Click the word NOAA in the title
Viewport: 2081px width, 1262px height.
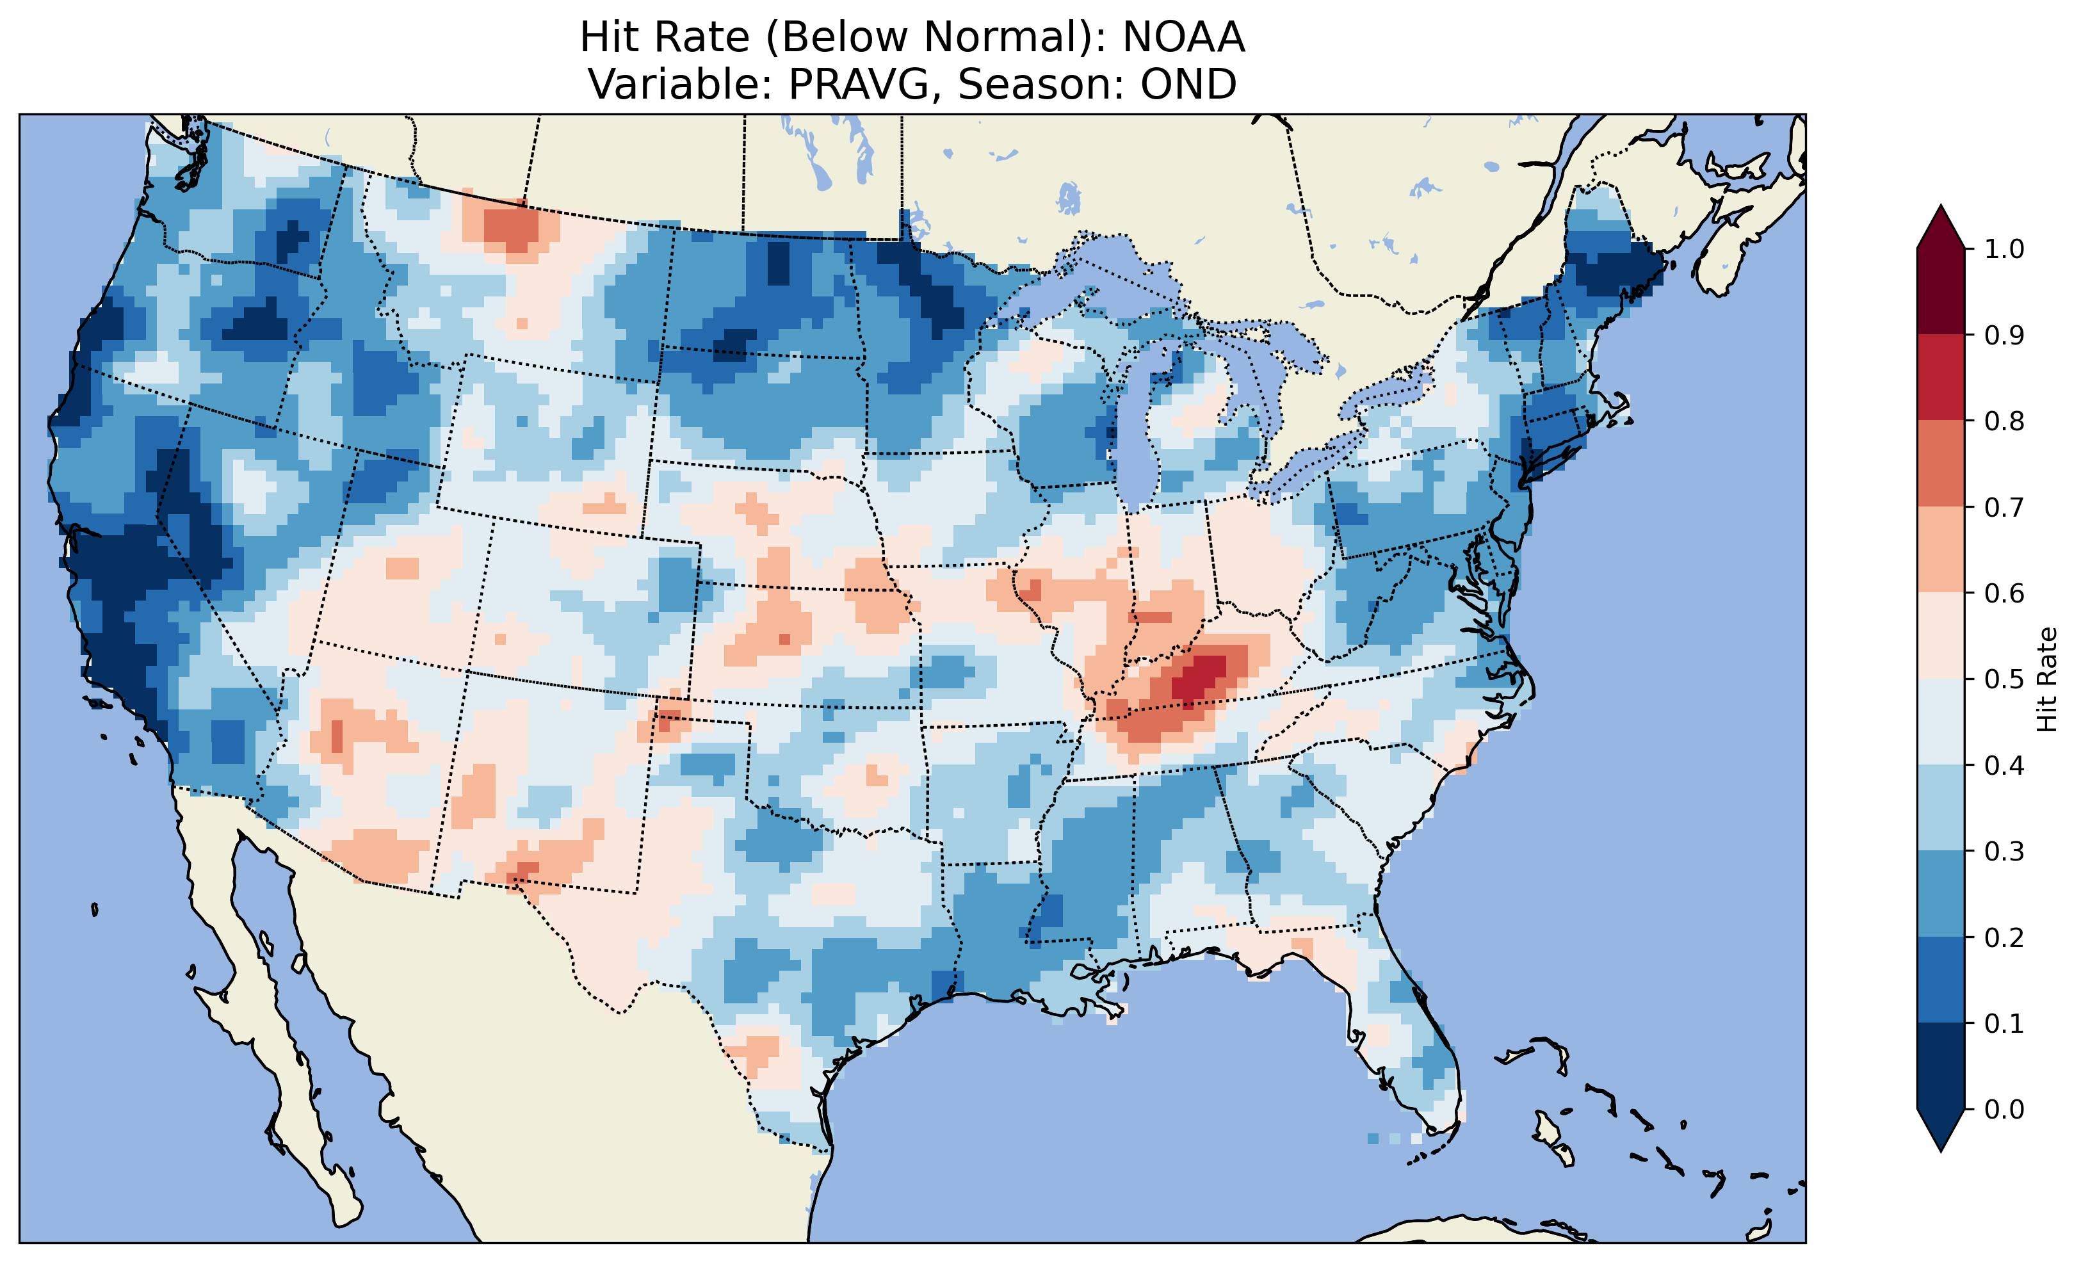[1183, 37]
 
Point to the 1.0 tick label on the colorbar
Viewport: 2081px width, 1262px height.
[2004, 249]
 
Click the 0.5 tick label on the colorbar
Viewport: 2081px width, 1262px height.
[2004, 679]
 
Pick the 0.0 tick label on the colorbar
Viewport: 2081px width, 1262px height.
[2004, 1109]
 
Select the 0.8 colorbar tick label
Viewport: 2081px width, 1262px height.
[2004, 421]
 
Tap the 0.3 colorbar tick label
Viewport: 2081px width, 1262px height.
[2004, 852]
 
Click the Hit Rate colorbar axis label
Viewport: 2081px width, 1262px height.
[2046, 679]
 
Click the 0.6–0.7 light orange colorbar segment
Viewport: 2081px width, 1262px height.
[1940, 549]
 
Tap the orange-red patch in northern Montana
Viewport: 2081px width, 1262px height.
[511, 227]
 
